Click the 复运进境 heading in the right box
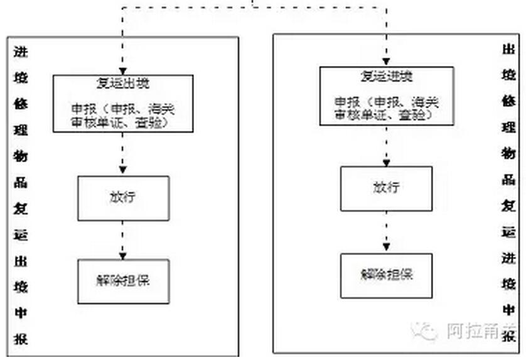click(x=387, y=77)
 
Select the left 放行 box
click(x=123, y=197)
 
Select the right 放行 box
click(x=387, y=188)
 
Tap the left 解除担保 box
click(x=123, y=280)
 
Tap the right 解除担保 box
click(x=387, y=275)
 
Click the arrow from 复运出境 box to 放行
click(x=123, y=154)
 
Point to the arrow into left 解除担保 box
click(x=123, y=239)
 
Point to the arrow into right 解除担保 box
click(x=387, y=232)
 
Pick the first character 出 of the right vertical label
click(x=510, y=50)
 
